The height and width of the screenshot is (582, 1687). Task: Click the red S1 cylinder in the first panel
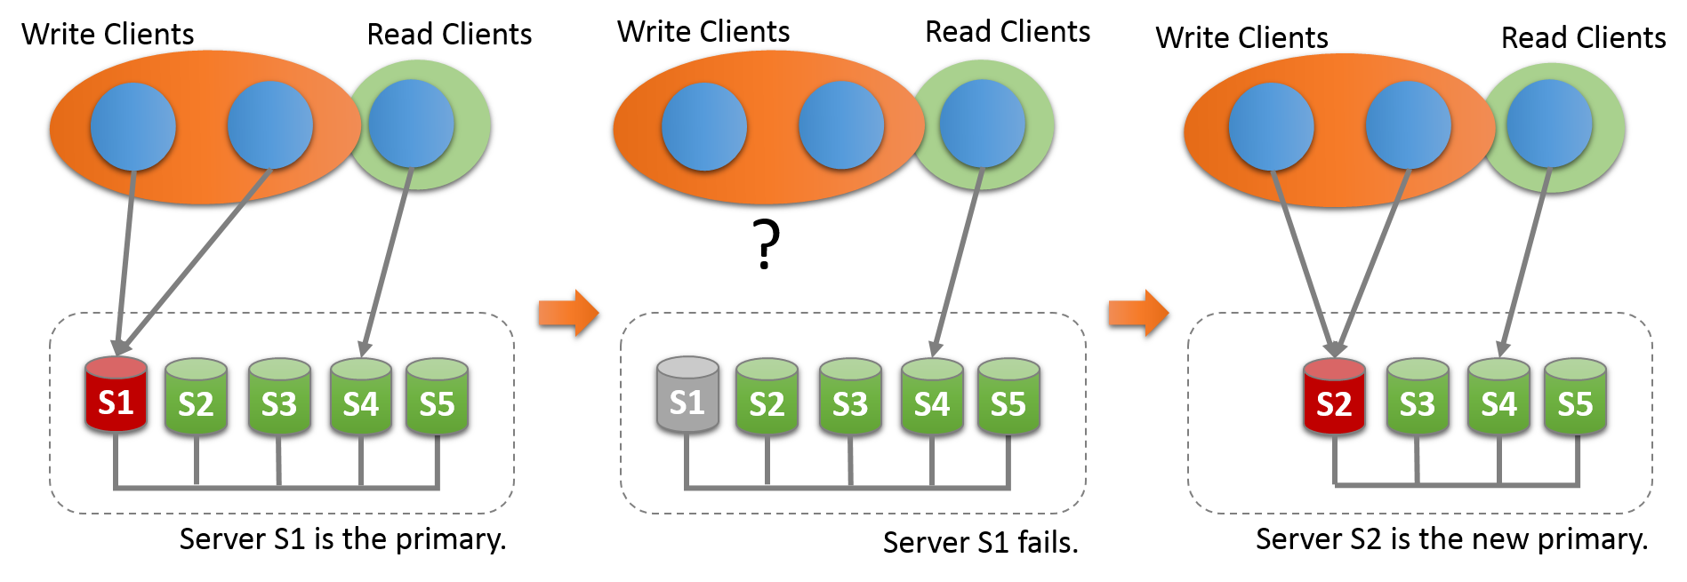tap(116, 396)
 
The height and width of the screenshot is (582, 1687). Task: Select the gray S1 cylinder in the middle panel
tap(687, 396)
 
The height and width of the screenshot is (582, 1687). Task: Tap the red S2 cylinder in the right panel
tap(1334, 397)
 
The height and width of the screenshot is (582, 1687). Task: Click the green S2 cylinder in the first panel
tap(196, 397)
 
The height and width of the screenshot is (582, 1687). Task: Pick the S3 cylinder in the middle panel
tap(850, 397)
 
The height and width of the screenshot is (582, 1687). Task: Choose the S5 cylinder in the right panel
tap(1575, 397)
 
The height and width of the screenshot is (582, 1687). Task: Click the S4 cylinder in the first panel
tap(361, 397)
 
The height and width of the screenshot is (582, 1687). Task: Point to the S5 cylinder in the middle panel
tap(1008, 397)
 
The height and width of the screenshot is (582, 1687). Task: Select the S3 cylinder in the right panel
tap(1418, 397)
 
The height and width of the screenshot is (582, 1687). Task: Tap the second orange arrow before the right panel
tap(1138, 313)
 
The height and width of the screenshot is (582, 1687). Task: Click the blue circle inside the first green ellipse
tap(411, 124)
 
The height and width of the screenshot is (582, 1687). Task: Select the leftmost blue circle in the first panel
tap(133, 126)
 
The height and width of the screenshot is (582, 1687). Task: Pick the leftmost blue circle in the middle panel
tap(704, 126)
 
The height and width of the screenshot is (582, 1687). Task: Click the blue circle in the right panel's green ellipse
tap(1549, 124)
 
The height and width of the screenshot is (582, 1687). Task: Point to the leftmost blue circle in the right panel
tap(1272, 126)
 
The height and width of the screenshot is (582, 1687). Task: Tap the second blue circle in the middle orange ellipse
tap(841, 125)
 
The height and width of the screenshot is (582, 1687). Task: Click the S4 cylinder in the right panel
tap(1498, 397)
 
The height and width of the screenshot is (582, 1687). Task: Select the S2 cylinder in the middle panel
tap(767, 397)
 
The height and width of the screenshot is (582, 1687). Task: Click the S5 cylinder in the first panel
tap(437, 397)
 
